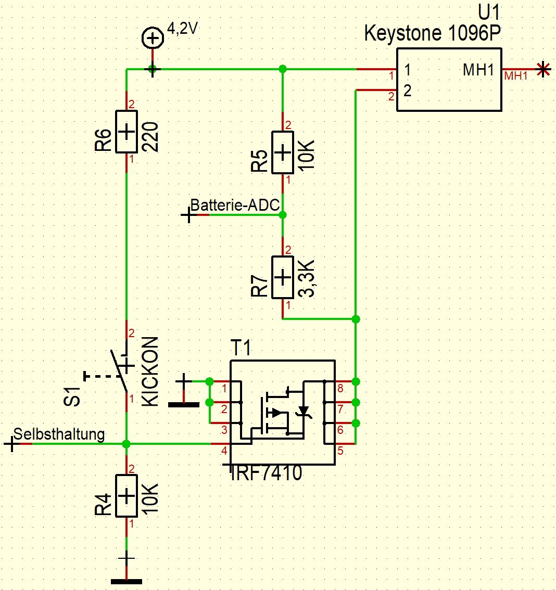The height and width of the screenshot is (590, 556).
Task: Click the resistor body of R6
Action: [x=126, y=132]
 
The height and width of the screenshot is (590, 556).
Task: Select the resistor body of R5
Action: [x=282, y=152]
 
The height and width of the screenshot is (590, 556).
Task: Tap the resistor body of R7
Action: [x=282, y=277]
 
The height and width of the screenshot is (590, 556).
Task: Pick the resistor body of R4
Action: [x=126, y=496]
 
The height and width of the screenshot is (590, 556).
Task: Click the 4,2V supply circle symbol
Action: [x=152, y=38]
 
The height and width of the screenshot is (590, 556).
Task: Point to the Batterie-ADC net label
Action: [x=235, y=205]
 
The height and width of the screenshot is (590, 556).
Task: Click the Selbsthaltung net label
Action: [x=59, y=434]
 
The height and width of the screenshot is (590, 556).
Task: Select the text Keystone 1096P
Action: [x=433, y=33]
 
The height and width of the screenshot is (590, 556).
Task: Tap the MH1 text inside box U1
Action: [x=478, y=70]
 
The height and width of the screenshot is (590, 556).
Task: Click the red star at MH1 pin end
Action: [x=543, y=69]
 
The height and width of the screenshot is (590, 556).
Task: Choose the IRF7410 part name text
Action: [x=267, y=473]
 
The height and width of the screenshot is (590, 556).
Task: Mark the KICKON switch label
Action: [x=150, y=371]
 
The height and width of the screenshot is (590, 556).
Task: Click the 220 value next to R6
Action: [x=150, y=137]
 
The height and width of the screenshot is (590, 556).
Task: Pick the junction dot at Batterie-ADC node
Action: [x=283, y=214]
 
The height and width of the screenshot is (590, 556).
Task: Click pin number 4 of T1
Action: [x=224, y=451]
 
